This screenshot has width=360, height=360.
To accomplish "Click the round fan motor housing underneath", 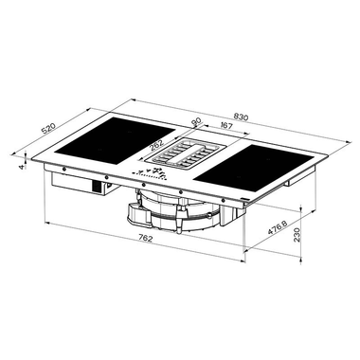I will pyautogui.click(x=180, y=207).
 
